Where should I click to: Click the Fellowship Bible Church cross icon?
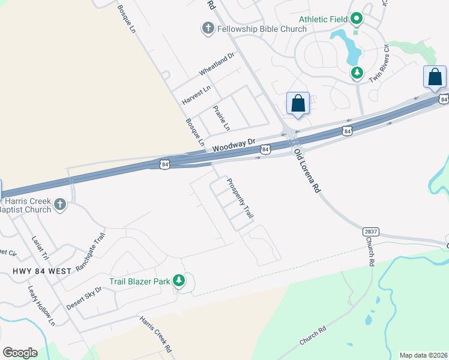point(208,28)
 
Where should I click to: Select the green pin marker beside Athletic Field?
point(356,19)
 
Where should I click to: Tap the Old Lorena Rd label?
point(307,171)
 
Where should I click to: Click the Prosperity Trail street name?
point(240,198)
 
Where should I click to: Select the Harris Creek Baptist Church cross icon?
point(59,205)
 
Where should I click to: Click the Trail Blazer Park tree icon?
point(178,280)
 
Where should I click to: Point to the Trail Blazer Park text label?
point(139,281)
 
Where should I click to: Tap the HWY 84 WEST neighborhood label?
point(41,271)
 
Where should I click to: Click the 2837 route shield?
point(371,231)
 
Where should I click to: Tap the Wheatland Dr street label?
point(216,63)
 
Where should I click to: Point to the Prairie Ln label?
point(221,118)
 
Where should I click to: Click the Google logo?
point(20,353)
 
